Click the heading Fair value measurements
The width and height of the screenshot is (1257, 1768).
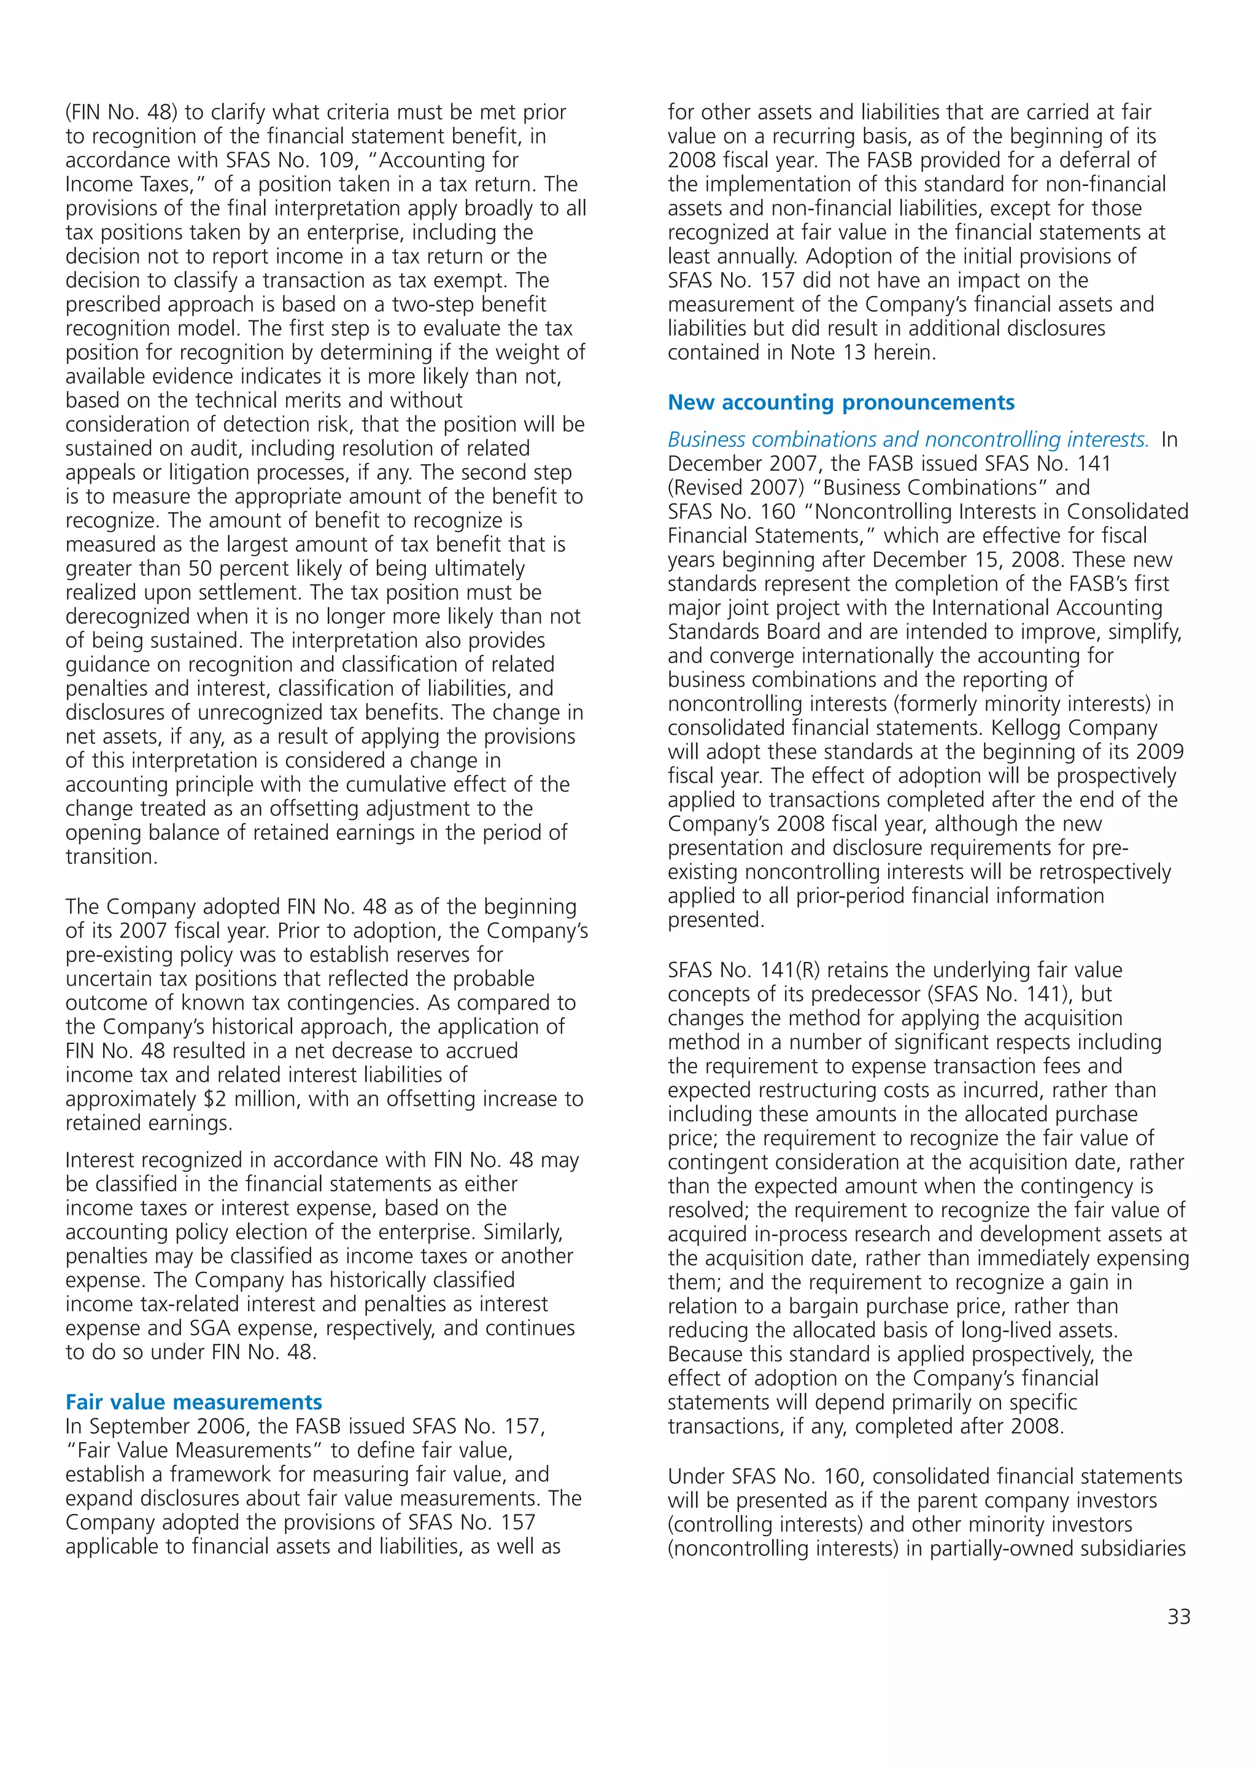click(193, 1402)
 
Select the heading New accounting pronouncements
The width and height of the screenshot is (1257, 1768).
click(841, 403)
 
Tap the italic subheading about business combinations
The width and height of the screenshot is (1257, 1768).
click(908, 440)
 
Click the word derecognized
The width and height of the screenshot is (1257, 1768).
click(127, 616)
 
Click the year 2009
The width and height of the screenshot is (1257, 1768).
click(1159, 753)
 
